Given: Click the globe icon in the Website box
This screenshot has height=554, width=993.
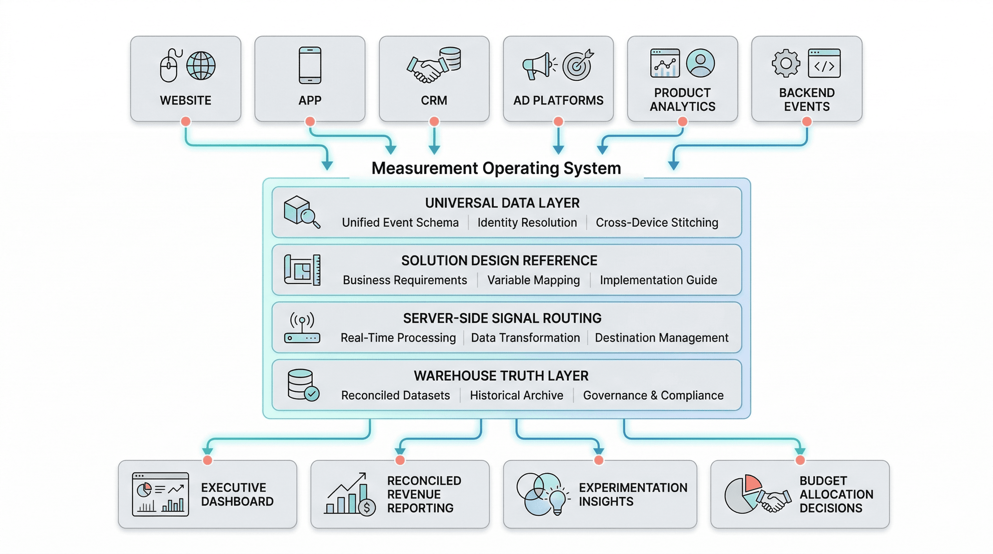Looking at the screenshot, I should tap(201, 66).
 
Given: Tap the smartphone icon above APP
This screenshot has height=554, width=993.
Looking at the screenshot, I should tap(310, 66).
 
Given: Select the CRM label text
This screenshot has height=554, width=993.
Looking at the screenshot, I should tap(434, 101).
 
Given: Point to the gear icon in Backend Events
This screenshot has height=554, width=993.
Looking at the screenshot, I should tap(786, 63).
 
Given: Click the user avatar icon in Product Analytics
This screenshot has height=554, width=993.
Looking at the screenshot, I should tap(700, 63).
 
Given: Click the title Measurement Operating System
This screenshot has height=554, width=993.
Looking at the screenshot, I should tap(496, 168).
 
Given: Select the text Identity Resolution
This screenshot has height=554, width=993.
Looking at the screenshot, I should tap(527, 223).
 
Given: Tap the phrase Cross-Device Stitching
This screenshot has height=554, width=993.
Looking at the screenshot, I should tap(656, 223).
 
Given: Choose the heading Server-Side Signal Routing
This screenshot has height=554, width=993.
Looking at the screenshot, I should tap(502, 318).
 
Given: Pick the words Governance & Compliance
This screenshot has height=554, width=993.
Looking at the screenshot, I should tap(653, 395).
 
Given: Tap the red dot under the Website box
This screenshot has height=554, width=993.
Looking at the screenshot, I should tap(185, 122).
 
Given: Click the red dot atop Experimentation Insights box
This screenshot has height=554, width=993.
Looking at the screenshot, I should tap(598, 460).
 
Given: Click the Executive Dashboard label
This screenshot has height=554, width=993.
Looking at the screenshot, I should tap(237, 494).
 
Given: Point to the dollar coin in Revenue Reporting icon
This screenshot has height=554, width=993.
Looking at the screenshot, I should tap(367, 508).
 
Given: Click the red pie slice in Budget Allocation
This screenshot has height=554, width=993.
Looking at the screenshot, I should tap(752, 483).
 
